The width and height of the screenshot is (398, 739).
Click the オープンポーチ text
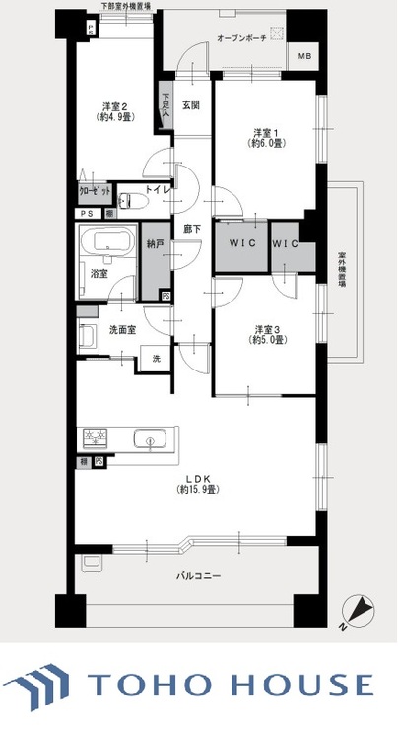coord(241,37)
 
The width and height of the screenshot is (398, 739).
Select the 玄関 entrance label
coord(191,105)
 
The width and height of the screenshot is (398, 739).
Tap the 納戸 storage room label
coord(154,243)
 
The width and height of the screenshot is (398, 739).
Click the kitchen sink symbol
coord(150,439)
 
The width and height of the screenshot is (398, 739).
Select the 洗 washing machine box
coord(156,359)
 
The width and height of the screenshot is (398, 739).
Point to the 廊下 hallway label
coord(193,230)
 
